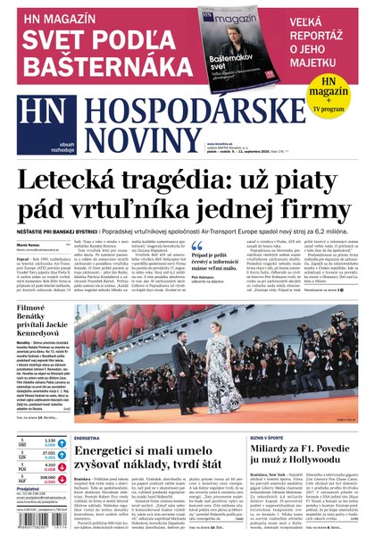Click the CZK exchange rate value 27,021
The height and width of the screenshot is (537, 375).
(x=49, y=453)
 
